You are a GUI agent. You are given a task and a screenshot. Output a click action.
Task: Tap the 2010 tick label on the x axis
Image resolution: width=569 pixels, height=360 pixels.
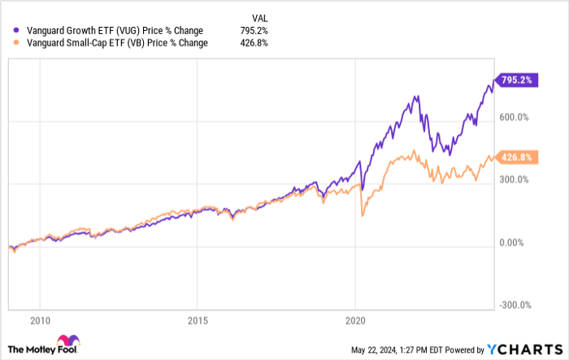pos(40,319)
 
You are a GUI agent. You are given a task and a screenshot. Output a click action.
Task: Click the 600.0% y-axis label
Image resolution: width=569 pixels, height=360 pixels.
pos(514,117)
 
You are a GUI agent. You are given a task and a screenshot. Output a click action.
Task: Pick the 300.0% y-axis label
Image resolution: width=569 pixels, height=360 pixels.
pos(514,180)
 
